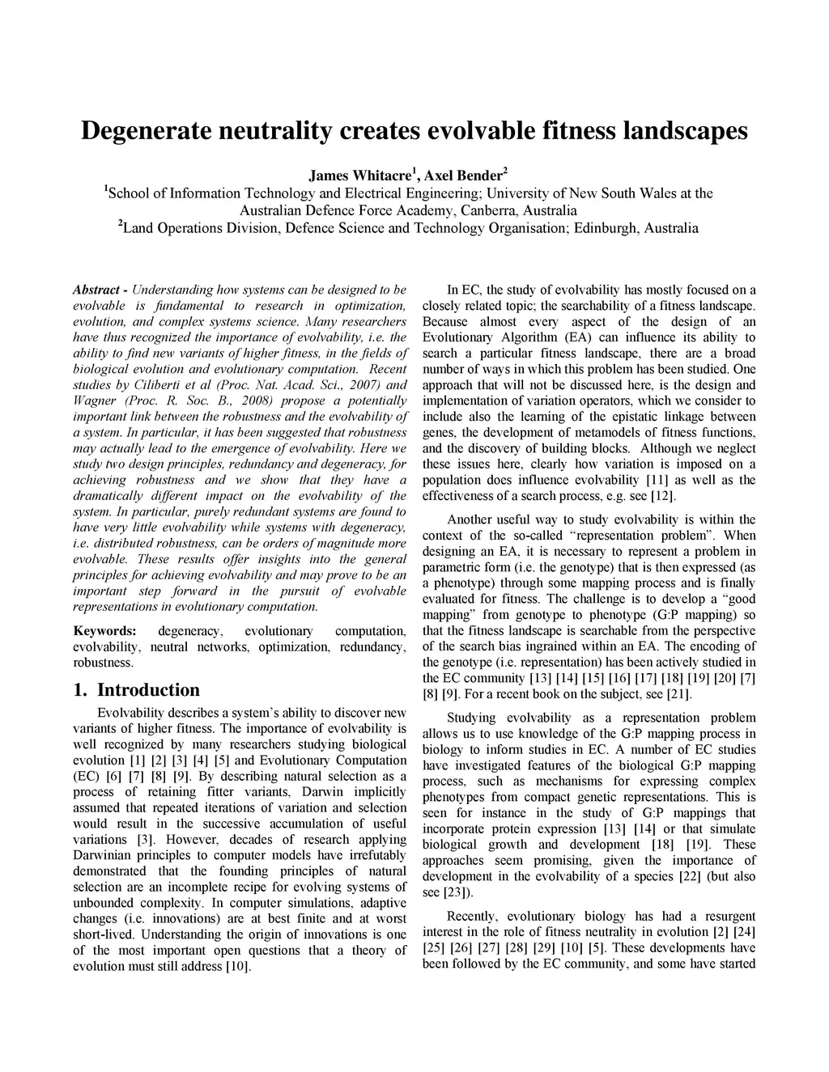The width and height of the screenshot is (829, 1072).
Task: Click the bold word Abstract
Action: click(96, 290)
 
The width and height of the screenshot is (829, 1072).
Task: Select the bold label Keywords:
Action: click(104, 631)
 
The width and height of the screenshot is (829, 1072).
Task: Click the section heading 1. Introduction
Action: click(136, 690)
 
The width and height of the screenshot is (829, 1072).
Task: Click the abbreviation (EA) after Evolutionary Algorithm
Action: click(572, 337)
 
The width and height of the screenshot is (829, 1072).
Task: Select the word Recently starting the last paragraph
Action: click(476, 917)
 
